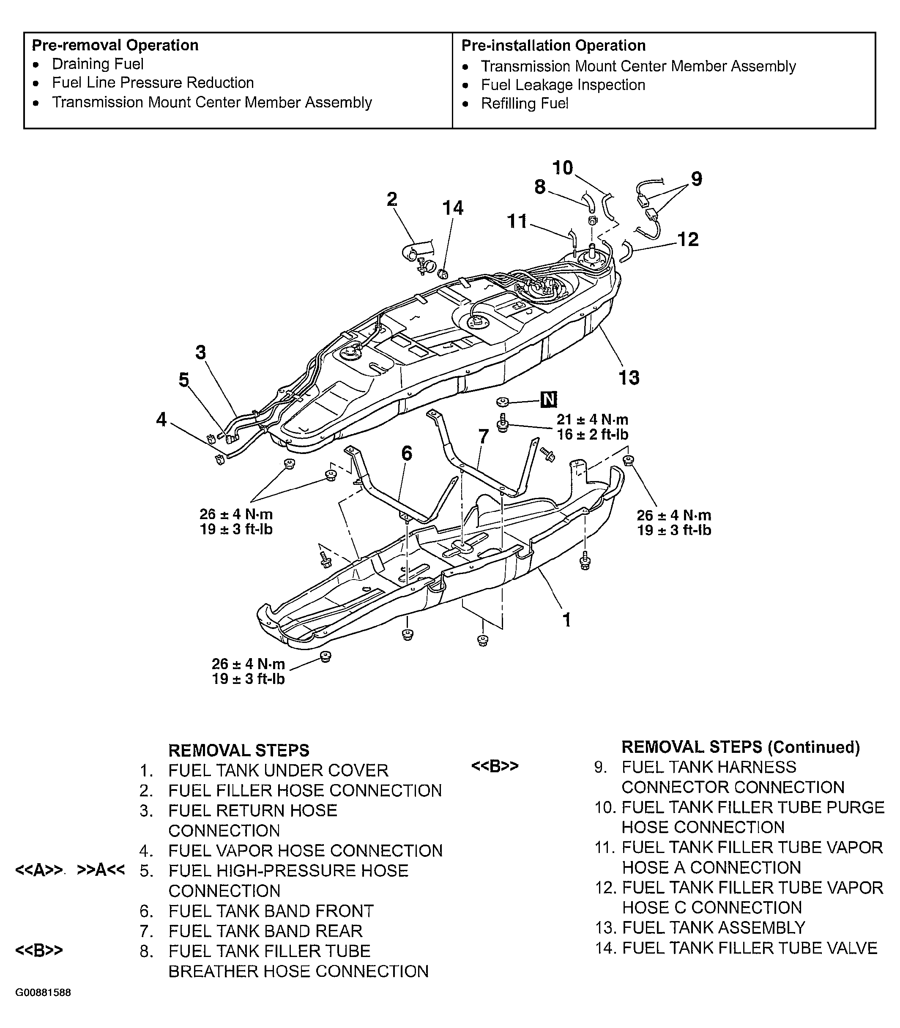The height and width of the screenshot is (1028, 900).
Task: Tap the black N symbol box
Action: click(549, 400)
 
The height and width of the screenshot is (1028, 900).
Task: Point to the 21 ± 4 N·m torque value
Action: click(592, 419)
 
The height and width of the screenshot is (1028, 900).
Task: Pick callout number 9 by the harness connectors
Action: click(696, 178)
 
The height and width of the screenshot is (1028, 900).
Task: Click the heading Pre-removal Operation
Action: click(115, 45)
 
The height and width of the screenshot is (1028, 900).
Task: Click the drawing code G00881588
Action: click(43, 992)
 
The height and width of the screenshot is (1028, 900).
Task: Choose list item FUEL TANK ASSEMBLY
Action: click(713, 927)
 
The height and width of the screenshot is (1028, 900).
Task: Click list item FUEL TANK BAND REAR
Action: click(265, 931)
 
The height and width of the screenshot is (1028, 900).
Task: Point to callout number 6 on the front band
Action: click(406, 453)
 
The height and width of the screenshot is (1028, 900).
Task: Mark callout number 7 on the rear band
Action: click(483, 436)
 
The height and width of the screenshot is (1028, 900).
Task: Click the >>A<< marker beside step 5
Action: click(101, 870)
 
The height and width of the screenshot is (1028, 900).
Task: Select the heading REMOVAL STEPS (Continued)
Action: click(740, 747)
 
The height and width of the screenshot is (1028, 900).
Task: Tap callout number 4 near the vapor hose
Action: click(161, 419)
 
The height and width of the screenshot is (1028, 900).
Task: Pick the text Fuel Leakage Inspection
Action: click(563, 85)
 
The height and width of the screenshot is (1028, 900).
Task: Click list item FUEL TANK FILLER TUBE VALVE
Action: click(750, 948)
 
